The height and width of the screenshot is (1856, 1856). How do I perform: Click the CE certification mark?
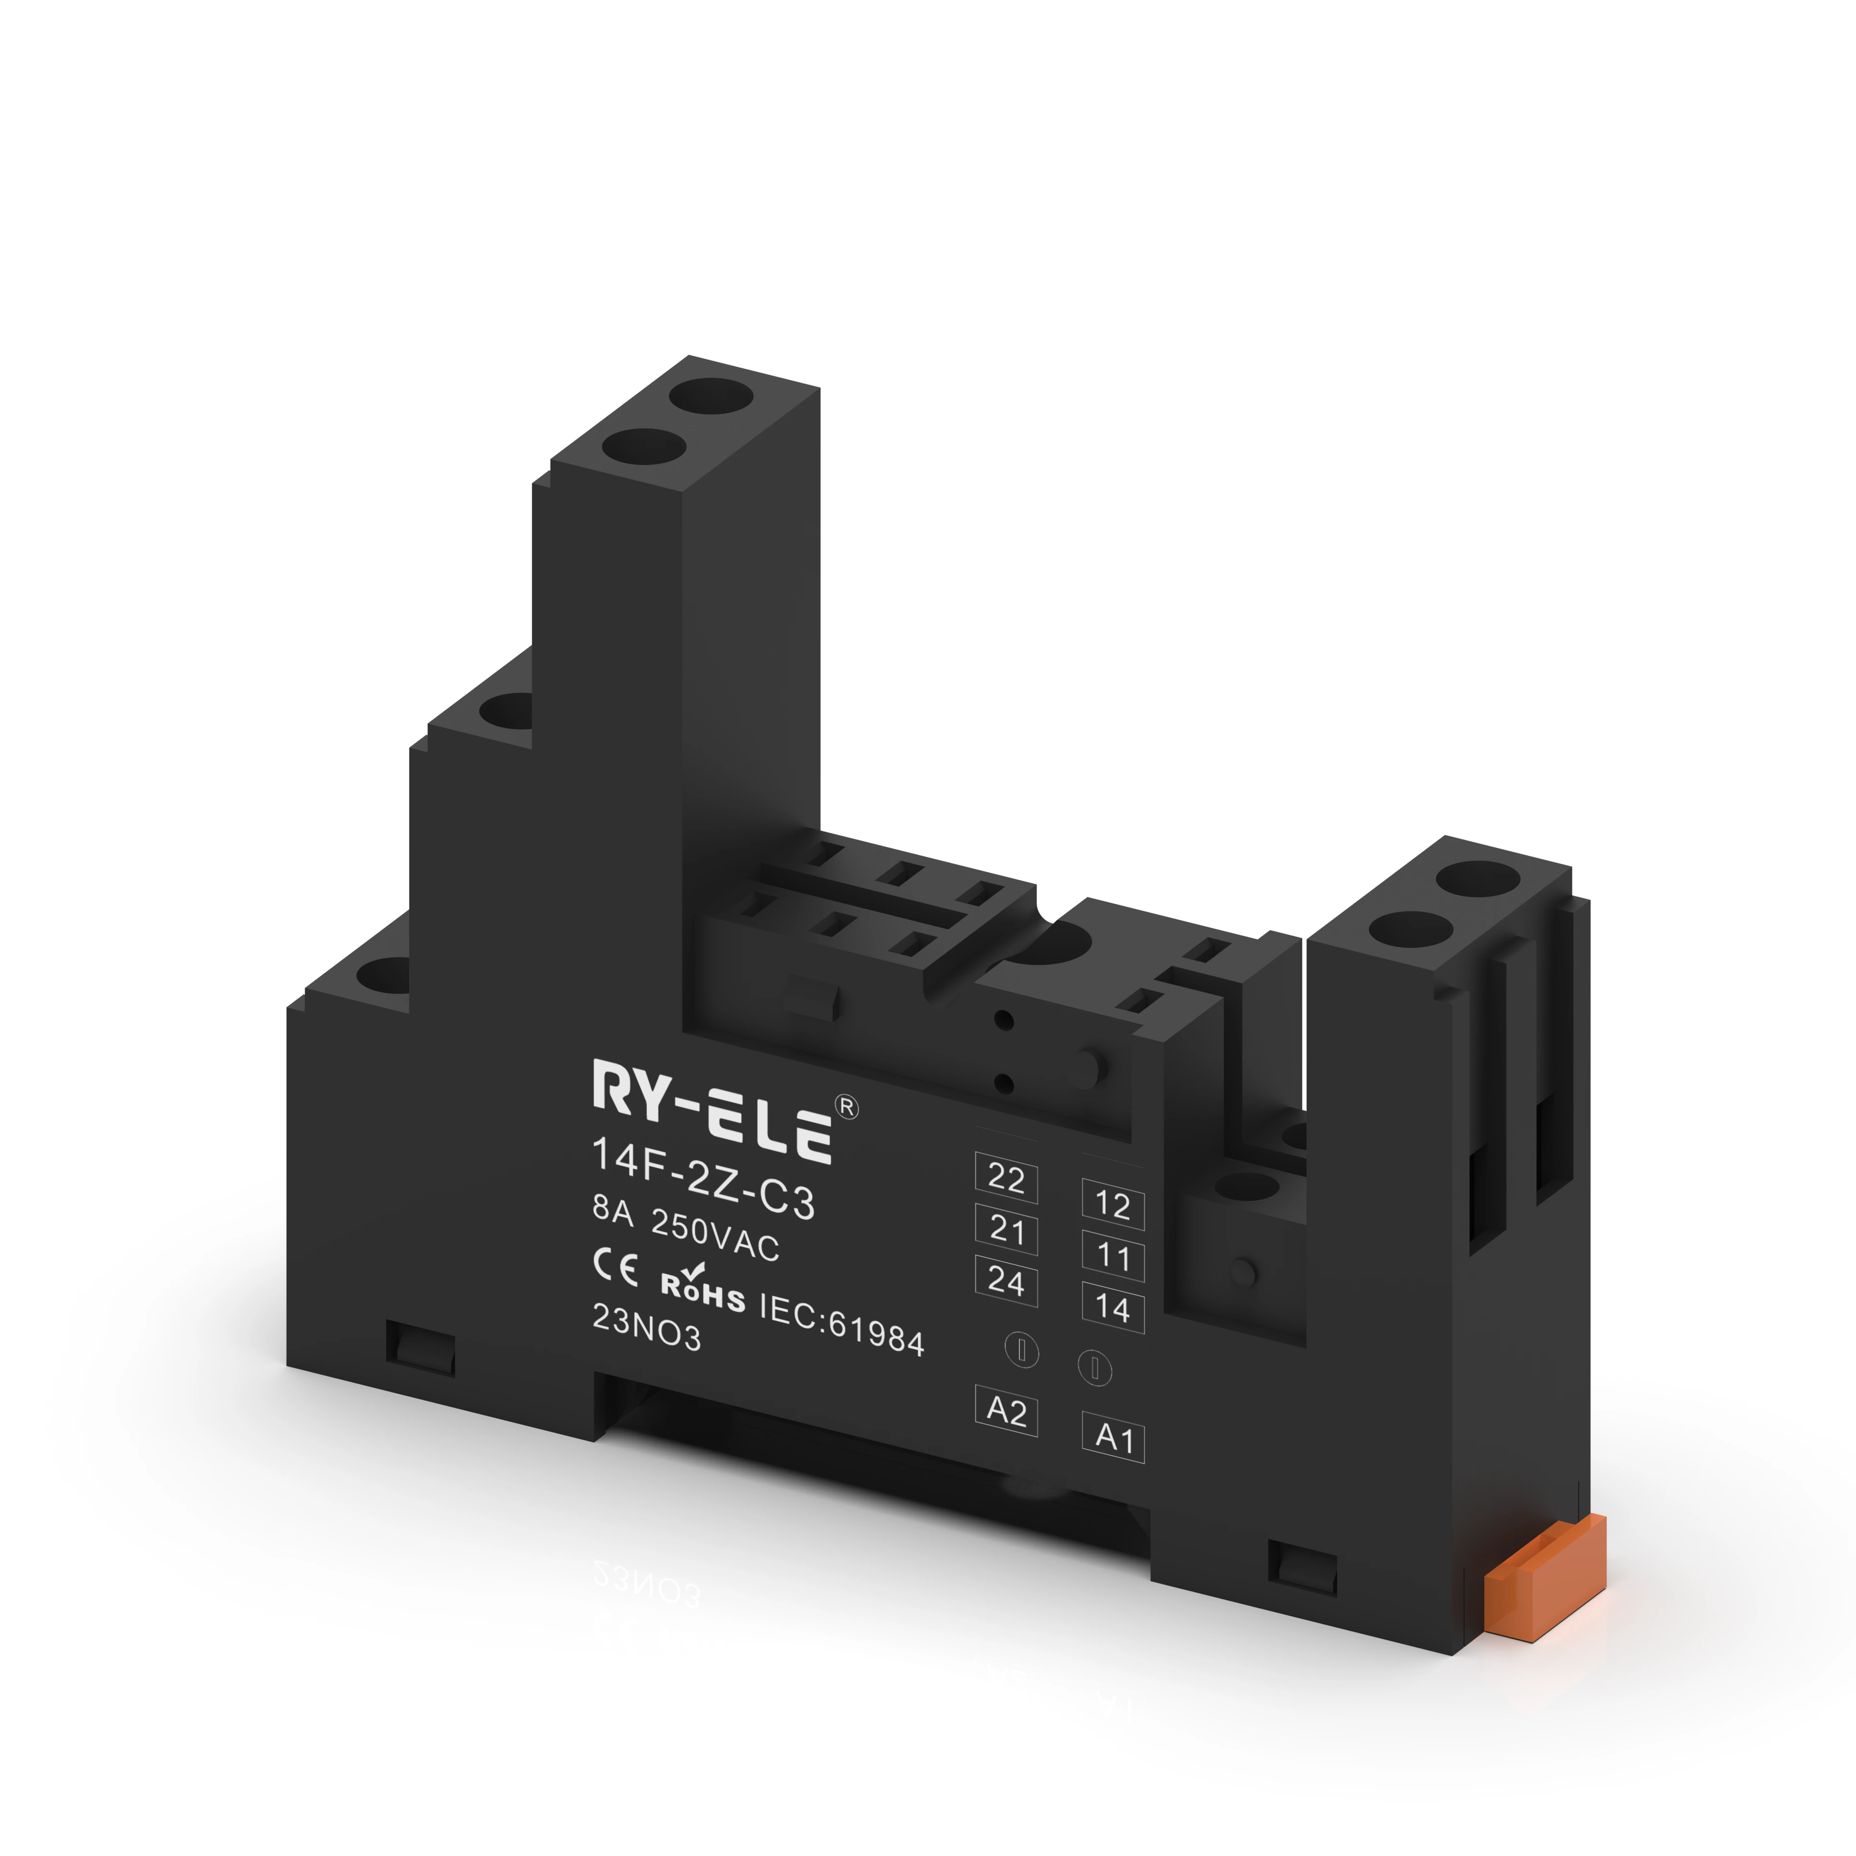[616, 1268]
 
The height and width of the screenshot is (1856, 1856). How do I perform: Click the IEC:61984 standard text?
[841, 1324]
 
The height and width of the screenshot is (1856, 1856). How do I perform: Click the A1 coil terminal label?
[1114, 1438]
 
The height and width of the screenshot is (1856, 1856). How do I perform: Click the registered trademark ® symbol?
[848, 1107]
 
